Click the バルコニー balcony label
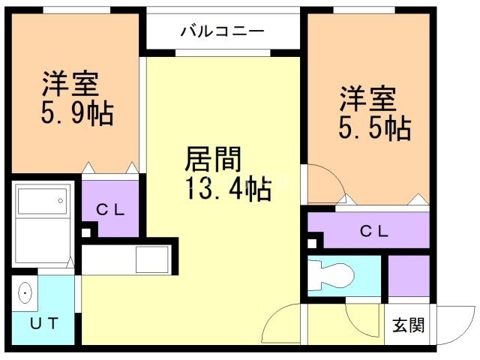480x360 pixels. tap(222, 32)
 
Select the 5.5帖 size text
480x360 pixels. tap(375, 127)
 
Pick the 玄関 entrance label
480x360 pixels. tap(409, 325)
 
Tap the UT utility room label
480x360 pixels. tap(44, 324)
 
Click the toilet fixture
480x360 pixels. tap(330, 274)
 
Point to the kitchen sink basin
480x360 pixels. tap(152, 262)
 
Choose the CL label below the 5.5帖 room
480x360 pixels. tap(373, 231)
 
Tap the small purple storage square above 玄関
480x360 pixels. tap(409, 274)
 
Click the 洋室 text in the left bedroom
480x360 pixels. tap(71, 81)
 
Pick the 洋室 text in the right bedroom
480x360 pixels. tap(369, 98)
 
